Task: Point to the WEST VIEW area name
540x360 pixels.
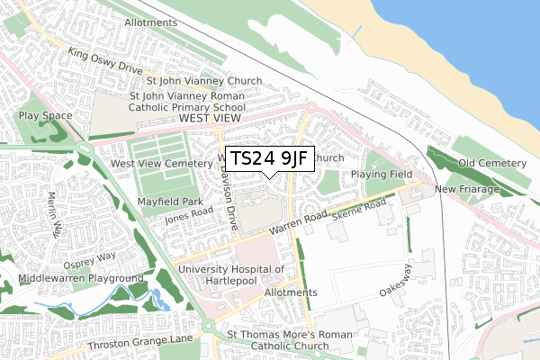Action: (x=211, y=118)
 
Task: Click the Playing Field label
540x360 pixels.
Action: (x=380, y=173)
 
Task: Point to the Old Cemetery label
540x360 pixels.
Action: (x=491, y=163)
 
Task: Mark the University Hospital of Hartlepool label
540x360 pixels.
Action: (x=231, y=274)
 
